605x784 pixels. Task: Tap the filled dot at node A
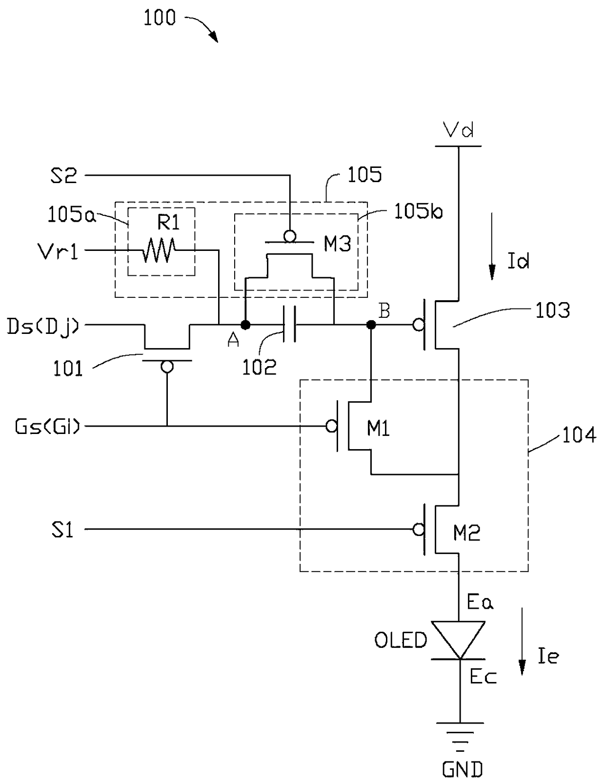click(245, 325)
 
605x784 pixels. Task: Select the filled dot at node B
click(371, 325)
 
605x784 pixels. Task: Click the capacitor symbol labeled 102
click(289, 324)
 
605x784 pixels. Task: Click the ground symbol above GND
click(459, 736)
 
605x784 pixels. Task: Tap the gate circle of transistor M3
click(290, 237)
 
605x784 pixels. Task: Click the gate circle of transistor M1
click(331, 426)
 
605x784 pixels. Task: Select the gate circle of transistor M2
click(419, 529)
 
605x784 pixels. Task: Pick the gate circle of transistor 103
click(419, 325)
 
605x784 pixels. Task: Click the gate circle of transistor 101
click(167, 367)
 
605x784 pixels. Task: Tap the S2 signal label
click(64, 176)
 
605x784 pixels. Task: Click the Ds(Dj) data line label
click(43, 327)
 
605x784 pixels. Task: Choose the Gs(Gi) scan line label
click(47, 426)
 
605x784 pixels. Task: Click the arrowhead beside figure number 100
click(214, 37)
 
